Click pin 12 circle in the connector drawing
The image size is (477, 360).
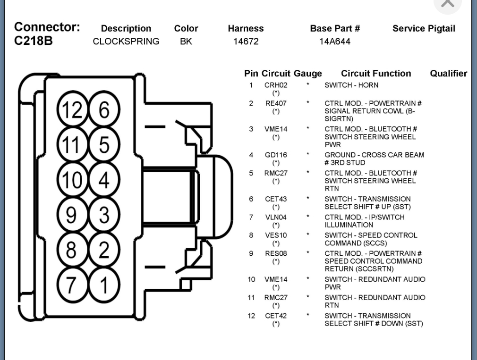coord(71,110)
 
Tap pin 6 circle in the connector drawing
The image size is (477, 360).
coord(103,110)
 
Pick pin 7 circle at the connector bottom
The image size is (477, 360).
coord(71,285)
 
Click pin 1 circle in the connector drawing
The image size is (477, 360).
coord(103,285)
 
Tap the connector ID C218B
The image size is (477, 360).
coord(34,41)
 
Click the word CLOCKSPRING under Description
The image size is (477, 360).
coord(126,42)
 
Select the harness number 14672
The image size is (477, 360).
coord(246,42)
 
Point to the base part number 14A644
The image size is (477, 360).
coord(335,42)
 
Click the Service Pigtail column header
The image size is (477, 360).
coord(424,29)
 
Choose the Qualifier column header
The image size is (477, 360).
coord(448,74)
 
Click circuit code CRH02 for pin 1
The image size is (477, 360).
coord(276,85)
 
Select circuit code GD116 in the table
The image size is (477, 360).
coord(276,155)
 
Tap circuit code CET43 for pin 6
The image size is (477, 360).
coord(276,199)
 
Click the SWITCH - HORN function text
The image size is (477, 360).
coord(351,85)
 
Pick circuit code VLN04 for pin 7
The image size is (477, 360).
coord(276,217)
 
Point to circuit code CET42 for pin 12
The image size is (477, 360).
coord(276,316)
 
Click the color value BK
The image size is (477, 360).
coord(186,42)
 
